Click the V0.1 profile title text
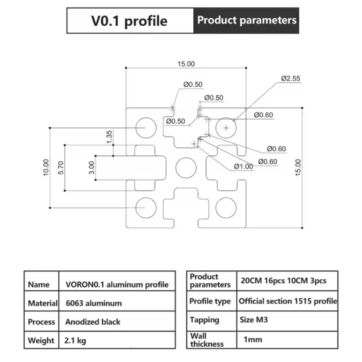(x=129, y=21)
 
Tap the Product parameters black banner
(x=247, y=20)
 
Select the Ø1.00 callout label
(x=243, y=167)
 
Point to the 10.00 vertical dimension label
(x=46, y=167)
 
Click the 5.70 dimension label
(x=61, y=168)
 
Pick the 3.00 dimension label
(x=92, y=168)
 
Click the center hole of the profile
(x=185, y=168)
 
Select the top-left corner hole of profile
(x=146, y=127)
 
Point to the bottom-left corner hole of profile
(x=146, y=207)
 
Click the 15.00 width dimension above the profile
(x=186, y=64)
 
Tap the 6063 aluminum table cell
(x=93, y=303)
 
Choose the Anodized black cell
(x=93, y=322)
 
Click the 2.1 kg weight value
(x=75, y=341)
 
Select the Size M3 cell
(x=254, y=320)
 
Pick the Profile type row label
(x=210, y=301)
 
